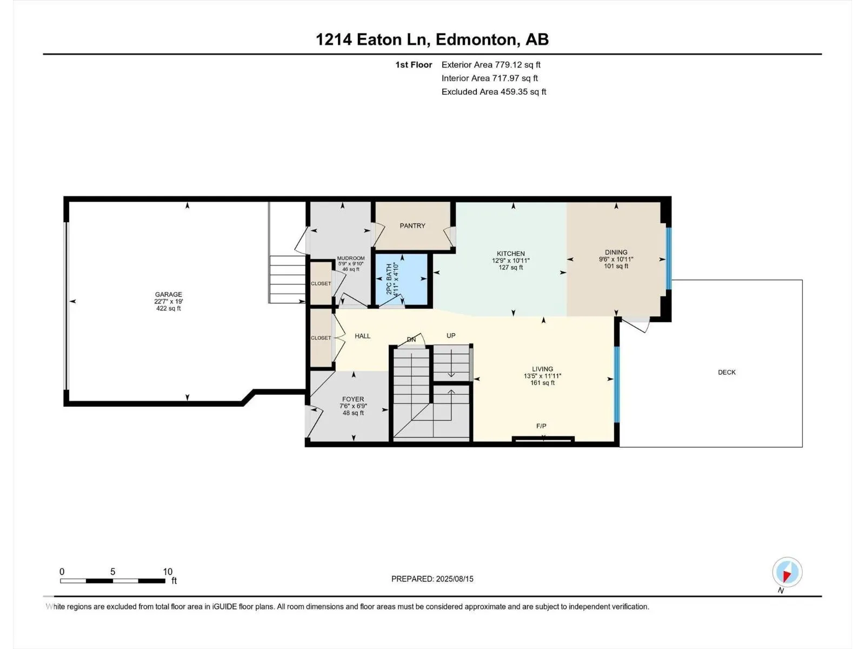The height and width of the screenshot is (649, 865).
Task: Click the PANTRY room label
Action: pos(412,226)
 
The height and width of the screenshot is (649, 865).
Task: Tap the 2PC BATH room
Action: pos(402,279)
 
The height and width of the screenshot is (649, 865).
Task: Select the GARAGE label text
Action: pos(168,294)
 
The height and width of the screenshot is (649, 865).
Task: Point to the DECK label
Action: pos(727,372)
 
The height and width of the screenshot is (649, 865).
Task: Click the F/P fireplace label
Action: pos(541,426)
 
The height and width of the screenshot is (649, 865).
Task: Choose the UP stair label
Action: pos(451,336)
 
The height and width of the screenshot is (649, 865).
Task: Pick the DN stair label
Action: pos(411,339)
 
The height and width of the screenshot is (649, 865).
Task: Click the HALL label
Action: pos(362,336)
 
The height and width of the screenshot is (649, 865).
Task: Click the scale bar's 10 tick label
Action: pos(168,572)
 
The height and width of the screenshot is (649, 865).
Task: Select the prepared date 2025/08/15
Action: pos(454,579)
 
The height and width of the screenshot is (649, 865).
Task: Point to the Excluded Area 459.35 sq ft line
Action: pos(494,92)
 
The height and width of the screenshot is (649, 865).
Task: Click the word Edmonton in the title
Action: pos(476,39)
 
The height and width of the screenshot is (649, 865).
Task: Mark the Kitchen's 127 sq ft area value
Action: pos(511,268)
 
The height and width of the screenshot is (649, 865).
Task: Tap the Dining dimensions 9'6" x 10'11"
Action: pos(616,259)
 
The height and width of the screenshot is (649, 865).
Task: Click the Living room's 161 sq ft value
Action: pos(542,382)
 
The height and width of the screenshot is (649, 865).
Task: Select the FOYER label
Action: pos(353,399)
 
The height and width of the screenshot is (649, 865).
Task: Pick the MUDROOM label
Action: pos(351,259)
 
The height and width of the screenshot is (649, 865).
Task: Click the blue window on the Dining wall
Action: pos(668,259)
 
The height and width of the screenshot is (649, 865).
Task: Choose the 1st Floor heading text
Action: pos(414,65)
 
